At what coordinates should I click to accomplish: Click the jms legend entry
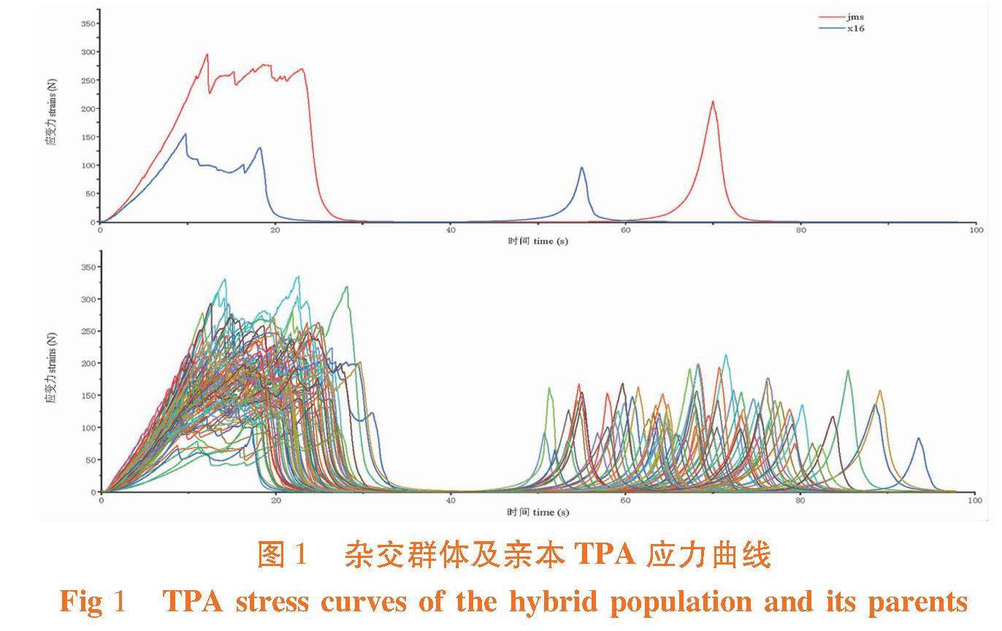point(854,17)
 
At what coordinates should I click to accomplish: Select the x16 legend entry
point(855,28)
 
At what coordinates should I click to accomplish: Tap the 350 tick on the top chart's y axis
point(87,23)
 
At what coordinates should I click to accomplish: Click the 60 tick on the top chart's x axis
point(626,230)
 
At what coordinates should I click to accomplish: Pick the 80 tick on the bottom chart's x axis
point(800,501)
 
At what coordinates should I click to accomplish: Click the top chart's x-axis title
point(538,241)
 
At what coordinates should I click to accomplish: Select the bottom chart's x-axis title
point(538,513)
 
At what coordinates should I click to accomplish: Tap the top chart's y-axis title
point(52,121)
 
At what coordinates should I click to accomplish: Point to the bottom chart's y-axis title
point(52,369)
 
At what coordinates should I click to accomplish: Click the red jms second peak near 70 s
point(713,102)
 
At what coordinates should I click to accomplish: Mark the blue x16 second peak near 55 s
point(582,167)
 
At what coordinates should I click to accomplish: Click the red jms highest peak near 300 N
point(207,54)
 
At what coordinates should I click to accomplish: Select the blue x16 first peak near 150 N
point(186,134)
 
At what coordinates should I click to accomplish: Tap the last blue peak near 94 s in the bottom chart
point(919,438)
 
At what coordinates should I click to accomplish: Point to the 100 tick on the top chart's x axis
point(976,230)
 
